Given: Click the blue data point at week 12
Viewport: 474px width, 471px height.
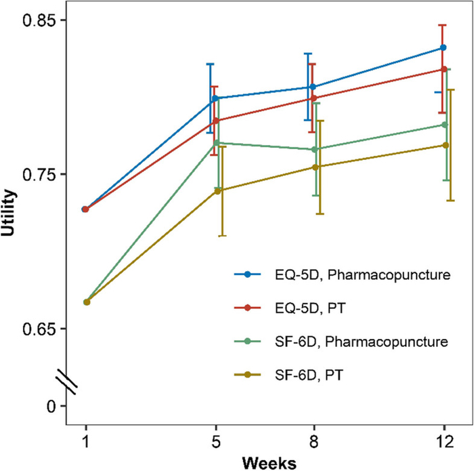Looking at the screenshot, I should point(444,47).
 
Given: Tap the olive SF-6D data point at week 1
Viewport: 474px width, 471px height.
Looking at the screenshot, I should point(87,302).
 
